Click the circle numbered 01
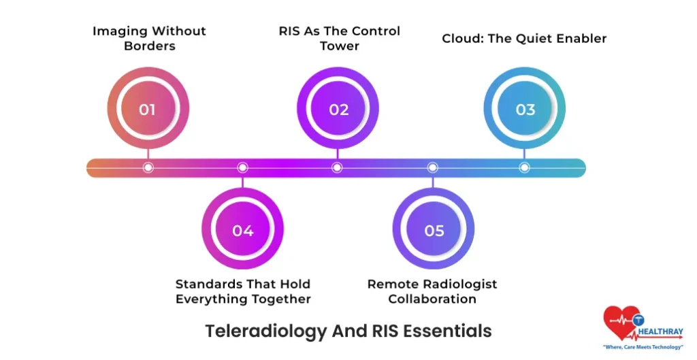(x=148, y=110)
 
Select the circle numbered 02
(x=338, y=110)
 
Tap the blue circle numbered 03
(x=525, y=110)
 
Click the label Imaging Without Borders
(x=149, y=39)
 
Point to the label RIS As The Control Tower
(x=340, y=39)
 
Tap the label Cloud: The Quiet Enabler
(x=524, y=39)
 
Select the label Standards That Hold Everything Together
(x=243, y=291)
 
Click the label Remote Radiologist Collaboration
(x=432, y=291)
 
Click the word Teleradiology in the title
(x=257, y=331)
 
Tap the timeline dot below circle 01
(x=148, y=167)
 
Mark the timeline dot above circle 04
(x=242, y=167)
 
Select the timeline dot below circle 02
(x=337, y=167)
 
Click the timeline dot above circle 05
(x=432, y=167)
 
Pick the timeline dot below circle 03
(x=524, y=167)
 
